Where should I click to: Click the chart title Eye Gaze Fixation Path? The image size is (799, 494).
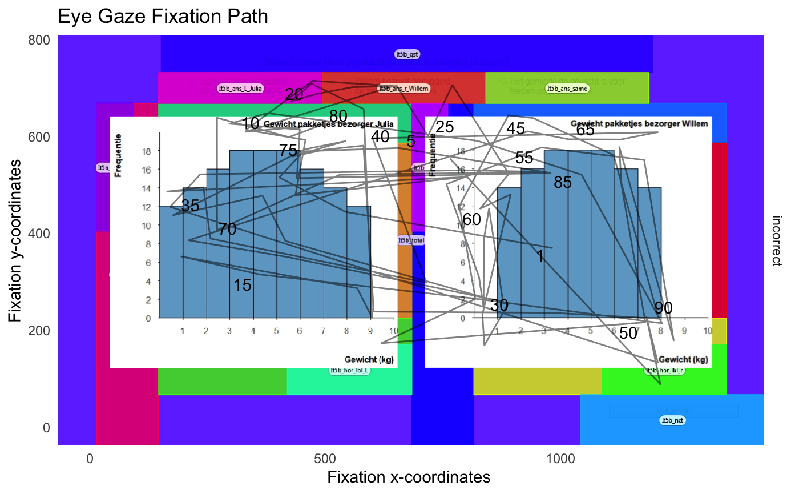click(x=163, y=17)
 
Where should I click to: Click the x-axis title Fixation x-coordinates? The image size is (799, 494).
click(x=409, y=477)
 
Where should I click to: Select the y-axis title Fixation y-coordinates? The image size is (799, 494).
click(x=17, y=240)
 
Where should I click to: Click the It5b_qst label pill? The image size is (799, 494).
click(x=407, y=54)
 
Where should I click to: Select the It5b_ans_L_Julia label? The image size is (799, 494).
click(x=240, y=88)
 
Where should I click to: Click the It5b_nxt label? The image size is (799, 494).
click(x=672, y=420)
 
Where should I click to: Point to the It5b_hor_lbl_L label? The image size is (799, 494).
click(x=350, y=370)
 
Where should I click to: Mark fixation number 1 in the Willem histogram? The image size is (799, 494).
click(x=540, y=256)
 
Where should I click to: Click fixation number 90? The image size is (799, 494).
click(x=663, y=308)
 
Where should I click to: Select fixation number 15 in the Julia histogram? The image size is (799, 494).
click(x=243, y=285)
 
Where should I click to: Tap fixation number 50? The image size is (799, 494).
click(x=628, y=333)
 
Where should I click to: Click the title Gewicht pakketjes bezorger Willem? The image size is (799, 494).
click(x=639, y=123)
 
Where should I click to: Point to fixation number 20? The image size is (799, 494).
click(x=294, y=95)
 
